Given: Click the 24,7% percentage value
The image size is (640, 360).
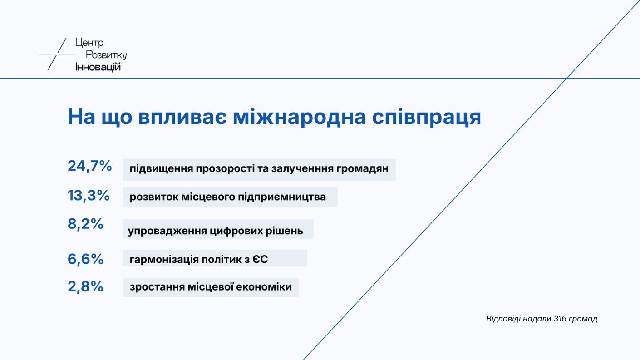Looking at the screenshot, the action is [x=89, y=166].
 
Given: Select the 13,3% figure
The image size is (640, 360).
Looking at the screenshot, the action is [x=89, y=196].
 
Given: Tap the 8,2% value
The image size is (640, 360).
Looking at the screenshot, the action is [x=85, y=224].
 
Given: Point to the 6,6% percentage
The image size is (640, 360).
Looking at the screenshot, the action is [x=85, y=259].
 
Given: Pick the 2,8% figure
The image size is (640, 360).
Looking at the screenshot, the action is [x=85, y=286].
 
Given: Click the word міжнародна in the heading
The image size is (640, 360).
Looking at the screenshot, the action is [x=299, y=117].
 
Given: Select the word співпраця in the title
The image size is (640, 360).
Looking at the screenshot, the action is [x=427, y=118].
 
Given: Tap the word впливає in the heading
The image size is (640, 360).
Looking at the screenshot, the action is [x=182, y=117].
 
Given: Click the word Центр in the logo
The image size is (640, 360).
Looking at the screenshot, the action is [x=89, y=43].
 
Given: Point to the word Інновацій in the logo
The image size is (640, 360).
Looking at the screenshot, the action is [x=98, y=67].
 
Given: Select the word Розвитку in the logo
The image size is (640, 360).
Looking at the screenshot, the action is [x=106, y=55].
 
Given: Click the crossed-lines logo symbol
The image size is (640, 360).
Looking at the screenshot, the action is [x=57, y=54].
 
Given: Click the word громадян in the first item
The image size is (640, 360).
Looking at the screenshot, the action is [x=362, y=169].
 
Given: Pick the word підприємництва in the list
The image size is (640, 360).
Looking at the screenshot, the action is [x=282, y=197].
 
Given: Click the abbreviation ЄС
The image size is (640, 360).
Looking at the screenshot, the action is [x=260, y=259].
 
